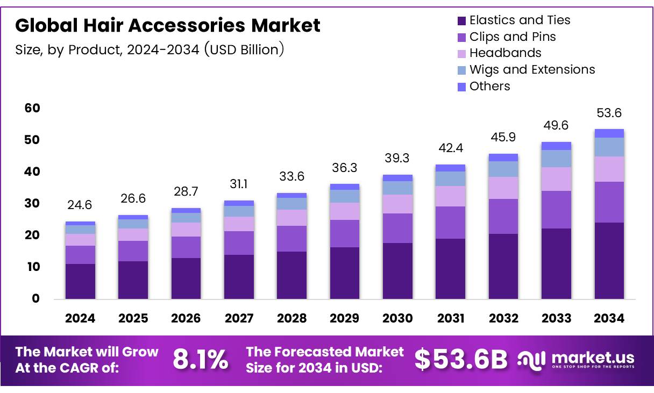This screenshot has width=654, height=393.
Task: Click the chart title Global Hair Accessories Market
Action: pos(167,25)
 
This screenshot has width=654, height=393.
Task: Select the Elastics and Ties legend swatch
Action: pos(461,21)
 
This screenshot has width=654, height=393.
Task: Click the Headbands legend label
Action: pos(505,53)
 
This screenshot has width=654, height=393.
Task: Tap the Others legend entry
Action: pos(489,86)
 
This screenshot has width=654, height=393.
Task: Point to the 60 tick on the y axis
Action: pos(32,108)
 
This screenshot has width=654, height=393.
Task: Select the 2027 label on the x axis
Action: pos(239,318)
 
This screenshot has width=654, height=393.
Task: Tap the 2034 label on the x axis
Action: pos(609,318)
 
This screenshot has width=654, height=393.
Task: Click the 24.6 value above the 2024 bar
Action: pos(80,205)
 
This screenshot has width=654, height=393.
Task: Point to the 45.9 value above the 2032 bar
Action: pos(503,137)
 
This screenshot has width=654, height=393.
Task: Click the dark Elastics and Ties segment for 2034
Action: pos(609,261)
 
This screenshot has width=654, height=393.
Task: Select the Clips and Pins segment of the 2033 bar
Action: pos(556,210)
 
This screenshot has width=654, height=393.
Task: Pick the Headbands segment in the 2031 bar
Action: pos(450,196)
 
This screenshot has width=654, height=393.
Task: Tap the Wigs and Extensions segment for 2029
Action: pos(345,196)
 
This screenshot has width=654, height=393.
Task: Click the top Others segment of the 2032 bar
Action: pos(503,158)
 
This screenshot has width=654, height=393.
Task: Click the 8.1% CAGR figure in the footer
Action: pos(200,360)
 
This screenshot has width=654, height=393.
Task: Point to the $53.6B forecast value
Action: pos(461,360)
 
